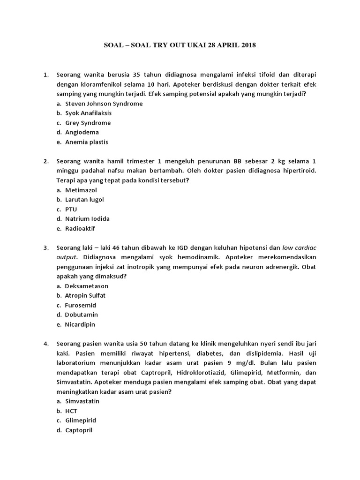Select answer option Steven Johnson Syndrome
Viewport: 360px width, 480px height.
pyautogui.click(x=104, y=104)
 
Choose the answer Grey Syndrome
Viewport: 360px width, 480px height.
pyautogui.click(x=88, y=123)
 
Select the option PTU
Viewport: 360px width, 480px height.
pyautogui.click(x=71, y=209)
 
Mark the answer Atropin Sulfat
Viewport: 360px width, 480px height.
pyautogui.click(x=85, y=295)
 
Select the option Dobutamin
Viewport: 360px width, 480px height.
pyautogui.click(x=82, y=315)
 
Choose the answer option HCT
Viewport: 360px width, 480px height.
pyautogui.click(x=71, y=411)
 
